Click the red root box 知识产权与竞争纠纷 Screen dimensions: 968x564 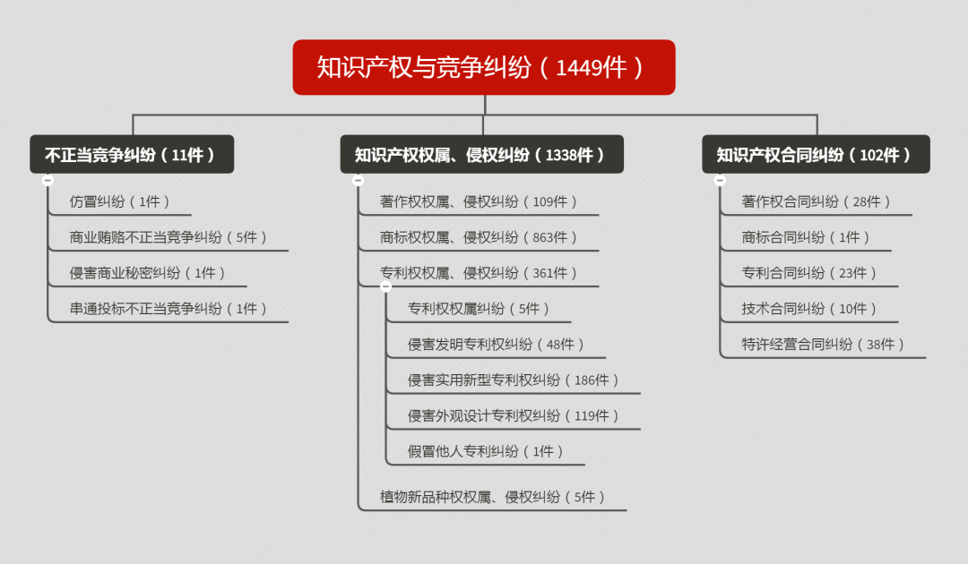tap(483, 67)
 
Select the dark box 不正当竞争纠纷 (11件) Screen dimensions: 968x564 tap(132, 154)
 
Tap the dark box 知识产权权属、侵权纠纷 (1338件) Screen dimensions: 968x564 tap(481, 154)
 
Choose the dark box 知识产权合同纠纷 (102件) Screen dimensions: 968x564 tap(816, 154)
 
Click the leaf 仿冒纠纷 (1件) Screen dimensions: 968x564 tap(120, 201)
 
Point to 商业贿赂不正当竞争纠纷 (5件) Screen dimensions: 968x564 tap(169, 237)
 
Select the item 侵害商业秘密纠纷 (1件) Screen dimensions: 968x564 tap(148, 273)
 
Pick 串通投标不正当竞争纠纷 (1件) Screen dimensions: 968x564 tap(169, 309)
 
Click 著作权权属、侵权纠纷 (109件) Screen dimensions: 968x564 tap(479, 201)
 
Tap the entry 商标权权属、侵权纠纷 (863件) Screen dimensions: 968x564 tap(479, 237)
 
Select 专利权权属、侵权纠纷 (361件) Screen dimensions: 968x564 tap(479, 273)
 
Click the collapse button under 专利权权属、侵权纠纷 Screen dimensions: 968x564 tap(385, 286)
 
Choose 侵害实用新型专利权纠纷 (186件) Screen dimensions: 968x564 tap(514, 380)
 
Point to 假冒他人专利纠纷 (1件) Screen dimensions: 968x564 tap(486, 451)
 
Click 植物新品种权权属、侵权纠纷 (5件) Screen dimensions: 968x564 tap(493, 497)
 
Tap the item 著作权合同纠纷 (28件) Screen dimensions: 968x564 tap(817, 201)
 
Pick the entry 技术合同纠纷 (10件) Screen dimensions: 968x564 tap(809, 309)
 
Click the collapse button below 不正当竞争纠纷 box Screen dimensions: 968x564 tap(48, 180)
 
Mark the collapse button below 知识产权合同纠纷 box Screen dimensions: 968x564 tap(720, 180)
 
